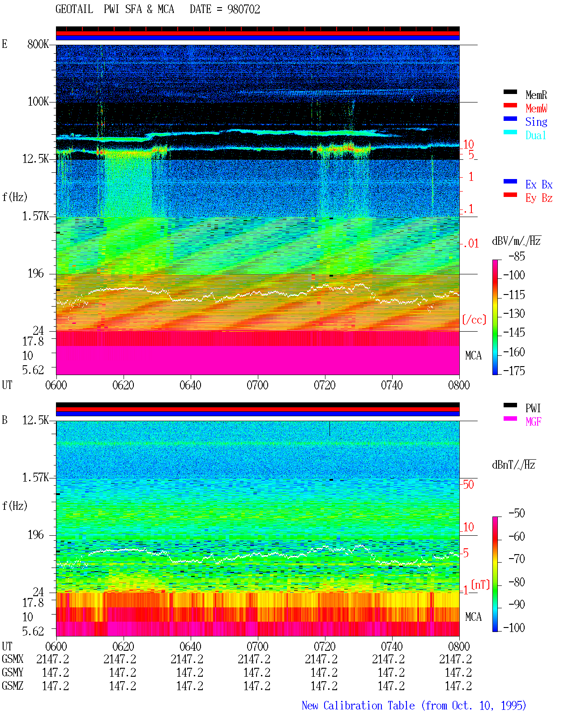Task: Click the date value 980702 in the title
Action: coord(244,9)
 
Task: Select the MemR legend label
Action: coord(536,95)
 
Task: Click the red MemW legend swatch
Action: coord(510,105)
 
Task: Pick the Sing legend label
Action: coord(536,122)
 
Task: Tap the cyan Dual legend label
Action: coord(535,135)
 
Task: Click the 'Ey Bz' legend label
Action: coord(539,198)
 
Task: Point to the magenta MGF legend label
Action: coord(533,422)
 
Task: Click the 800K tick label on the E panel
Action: coord(38,44)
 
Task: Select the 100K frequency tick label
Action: coord(38,102)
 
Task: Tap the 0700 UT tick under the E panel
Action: coord(257,385)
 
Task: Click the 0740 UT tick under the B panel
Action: coord(392,646)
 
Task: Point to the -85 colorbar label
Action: coord(517,256)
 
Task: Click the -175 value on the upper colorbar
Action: coord(514,371)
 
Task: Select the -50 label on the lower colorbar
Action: coord(517,513)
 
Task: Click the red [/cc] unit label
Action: coord(474,320)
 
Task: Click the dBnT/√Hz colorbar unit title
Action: coord(513,465)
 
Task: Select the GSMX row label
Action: coord(13,659)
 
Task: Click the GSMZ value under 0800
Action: coord(458,686)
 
